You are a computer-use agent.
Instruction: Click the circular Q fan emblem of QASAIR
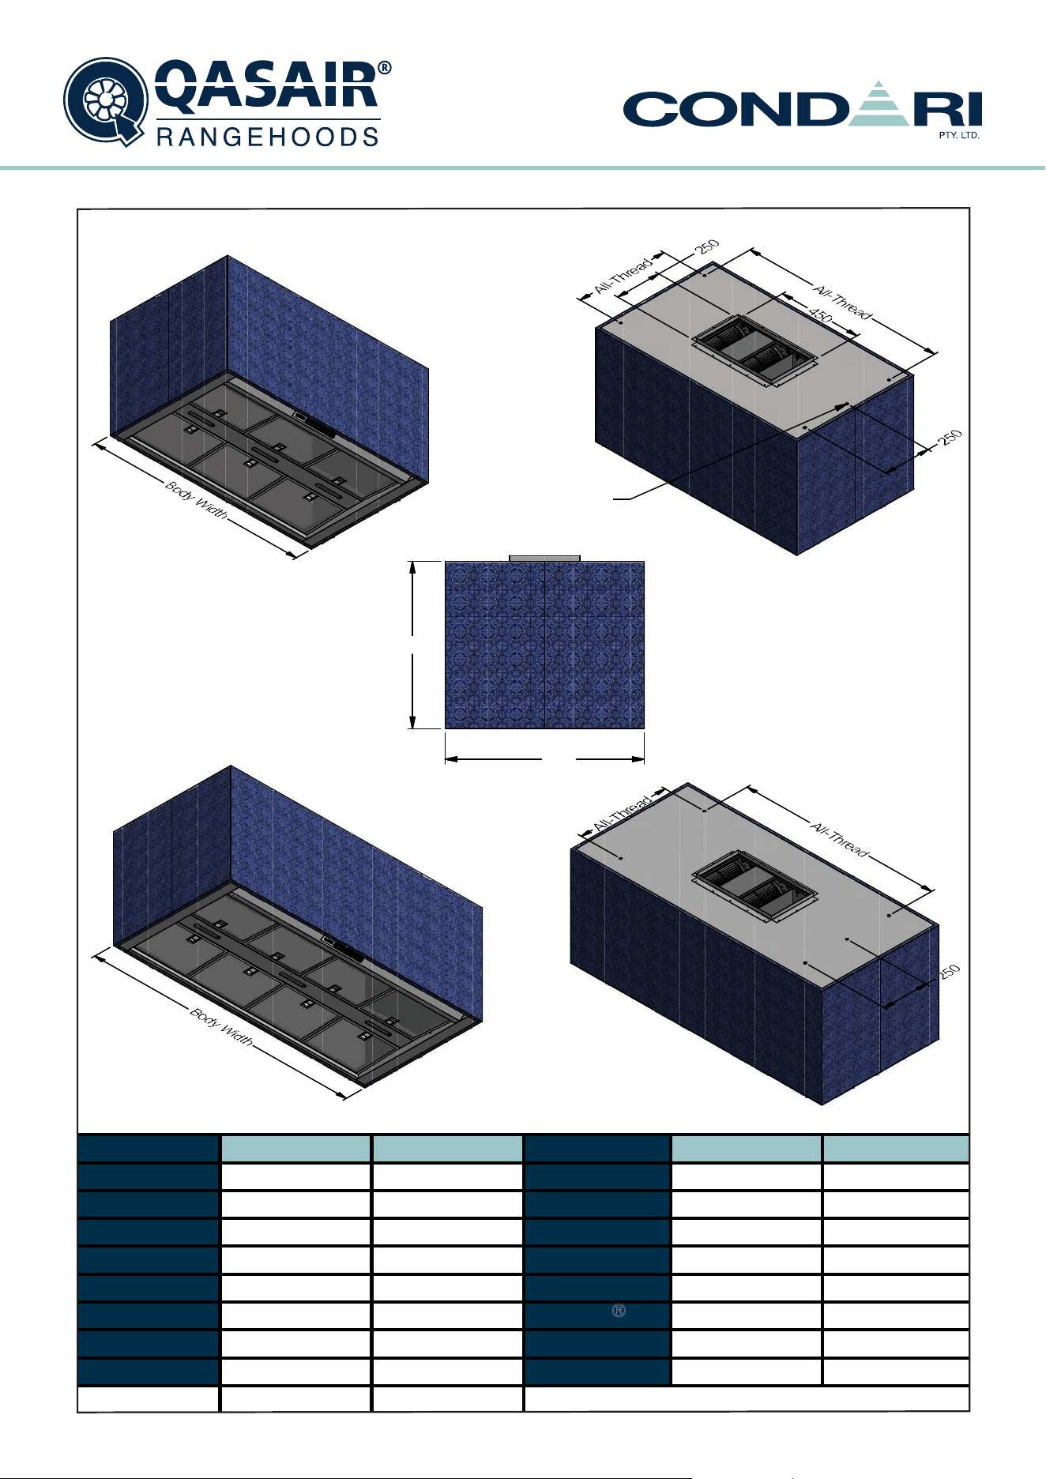105,101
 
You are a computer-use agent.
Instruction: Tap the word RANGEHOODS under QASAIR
268,137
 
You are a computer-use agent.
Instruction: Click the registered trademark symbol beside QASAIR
385,69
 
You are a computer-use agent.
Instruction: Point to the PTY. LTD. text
959,135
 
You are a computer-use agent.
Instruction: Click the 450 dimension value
820,315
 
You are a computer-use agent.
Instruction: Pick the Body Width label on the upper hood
197,500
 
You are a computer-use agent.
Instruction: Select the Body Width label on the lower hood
221,1026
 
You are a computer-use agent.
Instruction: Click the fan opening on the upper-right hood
754,351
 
